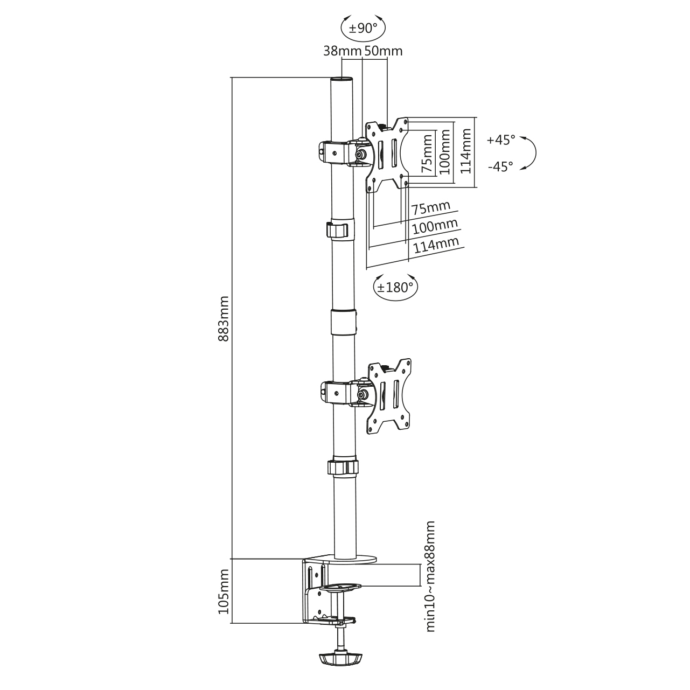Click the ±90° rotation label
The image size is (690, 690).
tap(363, 28)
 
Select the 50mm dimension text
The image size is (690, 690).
tap(384, 51)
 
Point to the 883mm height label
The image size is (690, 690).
tap(224, 319)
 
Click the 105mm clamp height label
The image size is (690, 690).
tap(224, 596)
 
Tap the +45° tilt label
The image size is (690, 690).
tap(501, 140)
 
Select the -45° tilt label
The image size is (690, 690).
tap(500, 166)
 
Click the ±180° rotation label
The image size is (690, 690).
tap(395, 287)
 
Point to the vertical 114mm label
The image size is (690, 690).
tap(465, 151)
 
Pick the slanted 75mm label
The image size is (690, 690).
tap(430, 208)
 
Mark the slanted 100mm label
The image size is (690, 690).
tap(435, 226)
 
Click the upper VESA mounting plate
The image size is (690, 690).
tap(387, 155)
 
